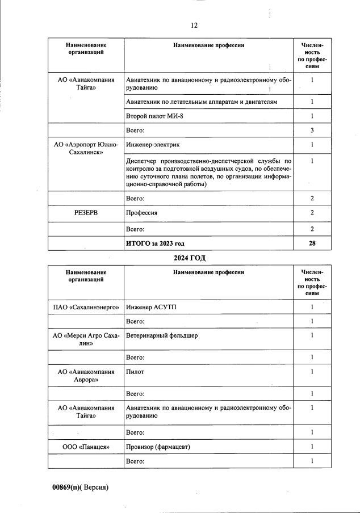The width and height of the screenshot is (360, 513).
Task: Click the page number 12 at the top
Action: pyautogui.click(x=194, y=25)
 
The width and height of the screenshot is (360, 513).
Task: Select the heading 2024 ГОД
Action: pyautogui.click(x=190, y=258)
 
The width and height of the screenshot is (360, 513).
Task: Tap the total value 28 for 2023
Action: pyautogui.click(x=312, y=243)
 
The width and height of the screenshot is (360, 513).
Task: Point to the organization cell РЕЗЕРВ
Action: pyautogui.click(x=86, y=213)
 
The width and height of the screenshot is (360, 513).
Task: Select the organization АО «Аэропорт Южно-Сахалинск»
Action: pyautogui.click(x=86, y=149)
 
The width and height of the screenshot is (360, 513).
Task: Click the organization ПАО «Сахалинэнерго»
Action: pyautogui.click(x=86, y=307)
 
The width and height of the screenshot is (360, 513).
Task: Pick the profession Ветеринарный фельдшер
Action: pyautogui.click(x=162, y=335)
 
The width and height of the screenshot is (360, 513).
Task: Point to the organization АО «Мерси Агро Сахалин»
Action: pyautogui.click(x=86, y=339)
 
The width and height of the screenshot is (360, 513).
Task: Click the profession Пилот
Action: pyautogui.click(x=136, y=372)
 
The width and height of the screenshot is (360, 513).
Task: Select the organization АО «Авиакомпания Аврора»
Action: pyautogui.click(x=86, y=376)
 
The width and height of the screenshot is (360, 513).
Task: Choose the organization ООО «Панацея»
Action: pyautogui.click(x=86, y=447)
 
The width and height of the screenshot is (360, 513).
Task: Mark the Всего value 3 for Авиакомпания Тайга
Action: pyautogui.click(x=312, y=131)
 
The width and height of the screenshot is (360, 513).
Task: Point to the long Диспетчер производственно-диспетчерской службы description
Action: pyautogui.click(x=208, y=173)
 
